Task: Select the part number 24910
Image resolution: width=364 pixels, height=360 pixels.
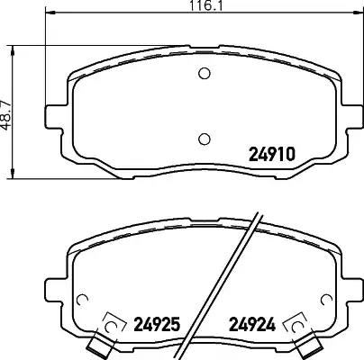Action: click(x=272, y=154)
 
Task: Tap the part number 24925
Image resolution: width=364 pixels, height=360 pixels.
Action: click(x=157, y=324)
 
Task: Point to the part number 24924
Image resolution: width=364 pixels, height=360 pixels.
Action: click(x=252, y=324)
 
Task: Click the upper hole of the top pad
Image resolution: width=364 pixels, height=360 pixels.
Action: click(x=205, y=73)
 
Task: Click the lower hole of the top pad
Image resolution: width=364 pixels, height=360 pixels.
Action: click(x=205, y=139)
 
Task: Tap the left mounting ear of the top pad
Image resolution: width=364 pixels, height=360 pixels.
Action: click(x=56, y=117)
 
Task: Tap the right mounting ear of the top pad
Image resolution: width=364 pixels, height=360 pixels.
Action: click(x=352, y=117)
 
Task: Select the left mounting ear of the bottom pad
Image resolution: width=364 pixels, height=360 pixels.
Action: click(x=56, y=290)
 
